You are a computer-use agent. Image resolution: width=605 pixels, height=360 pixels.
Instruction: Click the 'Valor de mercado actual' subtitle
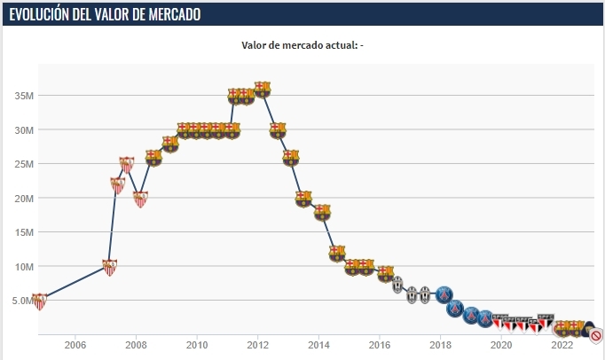(302, 45)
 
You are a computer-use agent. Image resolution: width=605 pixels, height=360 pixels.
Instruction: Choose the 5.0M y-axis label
(20, 301)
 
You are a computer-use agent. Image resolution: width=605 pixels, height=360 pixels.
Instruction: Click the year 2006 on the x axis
(75, 345)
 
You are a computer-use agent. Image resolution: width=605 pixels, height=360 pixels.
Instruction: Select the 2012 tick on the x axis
(258, 345)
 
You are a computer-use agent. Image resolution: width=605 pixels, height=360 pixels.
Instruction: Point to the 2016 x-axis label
(380, 345)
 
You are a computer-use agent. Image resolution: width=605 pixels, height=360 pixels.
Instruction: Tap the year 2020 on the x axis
(501, 345)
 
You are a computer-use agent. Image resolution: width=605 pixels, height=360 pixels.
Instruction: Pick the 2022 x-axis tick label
(562, 345)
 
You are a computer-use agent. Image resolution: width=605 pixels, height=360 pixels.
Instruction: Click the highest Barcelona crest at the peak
(262, 89)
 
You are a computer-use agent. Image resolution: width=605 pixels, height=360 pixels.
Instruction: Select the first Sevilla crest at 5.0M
(39, 301)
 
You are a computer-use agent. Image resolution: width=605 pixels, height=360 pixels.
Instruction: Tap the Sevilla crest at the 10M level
(110, 266)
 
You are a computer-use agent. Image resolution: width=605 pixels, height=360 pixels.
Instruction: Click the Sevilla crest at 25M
(127, 164)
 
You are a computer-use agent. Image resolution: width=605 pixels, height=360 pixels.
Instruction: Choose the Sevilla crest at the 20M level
(140, 199)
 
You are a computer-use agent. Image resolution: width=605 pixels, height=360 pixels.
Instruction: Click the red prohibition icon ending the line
(597, 335)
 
